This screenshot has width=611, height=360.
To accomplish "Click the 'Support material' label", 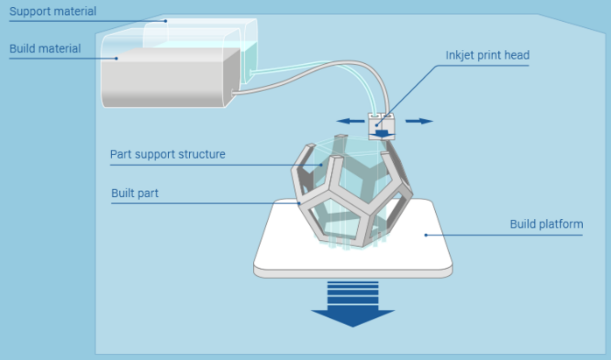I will coord(53,12).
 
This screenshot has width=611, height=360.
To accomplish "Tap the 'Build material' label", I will coord(45,48).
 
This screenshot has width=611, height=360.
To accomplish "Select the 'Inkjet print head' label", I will coord(487,55).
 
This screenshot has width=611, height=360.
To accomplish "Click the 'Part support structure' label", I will coord(167,154).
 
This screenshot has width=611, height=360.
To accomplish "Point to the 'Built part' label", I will coord(135,193).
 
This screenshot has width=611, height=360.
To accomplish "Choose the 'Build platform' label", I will coord(546,224).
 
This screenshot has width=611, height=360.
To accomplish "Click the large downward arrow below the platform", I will coord(354,303).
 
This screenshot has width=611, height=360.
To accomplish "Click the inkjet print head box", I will coord(382,127).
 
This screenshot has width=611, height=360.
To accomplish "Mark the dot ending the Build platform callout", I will coord(426,235).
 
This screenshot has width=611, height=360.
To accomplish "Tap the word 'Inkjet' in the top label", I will coord(460,55).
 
